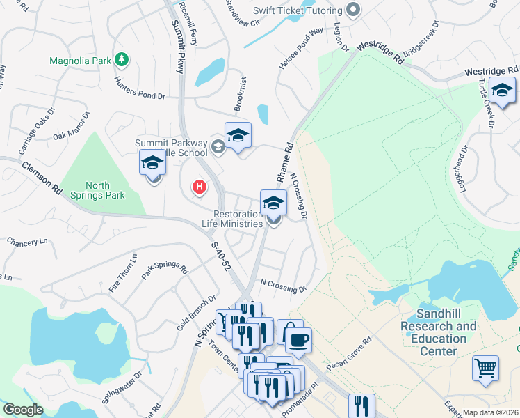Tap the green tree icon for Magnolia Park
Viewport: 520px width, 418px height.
click(122, 59)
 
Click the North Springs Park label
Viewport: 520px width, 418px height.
click(96, 190)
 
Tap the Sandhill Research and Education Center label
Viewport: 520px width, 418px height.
click(438, 332)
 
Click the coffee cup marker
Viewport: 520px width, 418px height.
click(298, 340)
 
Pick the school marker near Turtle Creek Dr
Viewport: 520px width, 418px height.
click(502, 91)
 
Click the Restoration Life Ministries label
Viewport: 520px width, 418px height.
click(238, 219)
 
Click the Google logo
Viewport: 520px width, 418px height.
click(23, 410)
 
